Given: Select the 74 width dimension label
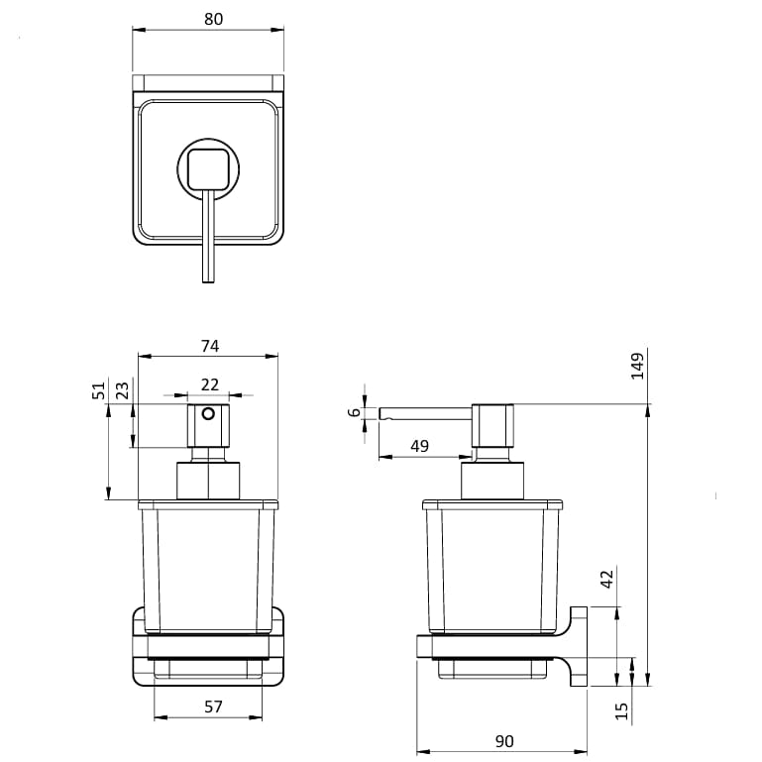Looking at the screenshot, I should click(209, 346).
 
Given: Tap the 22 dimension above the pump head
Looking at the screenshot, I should click(209, 383).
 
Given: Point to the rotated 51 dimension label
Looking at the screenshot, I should click(99, 390).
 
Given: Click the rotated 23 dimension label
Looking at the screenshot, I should click(121, 390).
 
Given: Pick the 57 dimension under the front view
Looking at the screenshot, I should click(213, 707).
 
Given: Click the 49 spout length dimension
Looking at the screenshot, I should click(419, 446).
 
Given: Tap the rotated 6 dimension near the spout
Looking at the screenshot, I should click(355, 412).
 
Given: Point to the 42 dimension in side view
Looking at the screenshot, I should click(607, 578).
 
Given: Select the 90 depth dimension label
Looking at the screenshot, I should click(503, 741).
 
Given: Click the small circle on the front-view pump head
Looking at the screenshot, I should click(208, 412).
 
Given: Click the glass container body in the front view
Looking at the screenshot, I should click(208, 570).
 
